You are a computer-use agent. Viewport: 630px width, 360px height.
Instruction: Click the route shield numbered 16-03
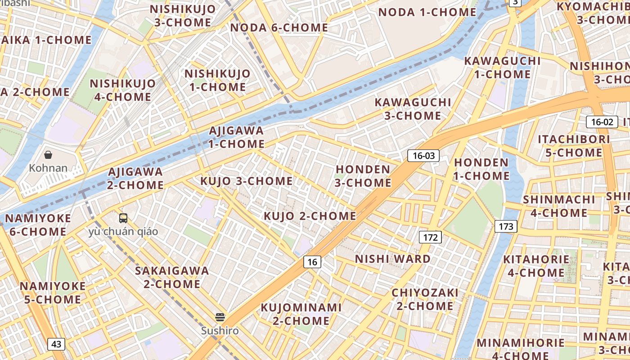(x=423, y=156)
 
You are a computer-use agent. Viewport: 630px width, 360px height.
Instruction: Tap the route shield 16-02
(x=602, y=121)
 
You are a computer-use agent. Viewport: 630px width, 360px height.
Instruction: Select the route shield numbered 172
(x=430, y=237)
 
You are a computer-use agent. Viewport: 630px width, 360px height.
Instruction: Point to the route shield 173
(x=506, y=226)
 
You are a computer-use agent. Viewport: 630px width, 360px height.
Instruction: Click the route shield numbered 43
(x=56, y=344)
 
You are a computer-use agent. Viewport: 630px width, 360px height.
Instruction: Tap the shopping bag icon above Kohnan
(x=48, y=155)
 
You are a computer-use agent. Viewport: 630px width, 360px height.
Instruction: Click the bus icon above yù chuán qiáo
(x=123, y=218)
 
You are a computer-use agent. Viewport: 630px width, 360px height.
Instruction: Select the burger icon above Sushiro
(x=220, y=317)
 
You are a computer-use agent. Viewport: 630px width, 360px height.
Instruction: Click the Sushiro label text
(x=220, y=331)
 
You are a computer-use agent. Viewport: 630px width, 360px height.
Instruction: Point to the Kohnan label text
(x=48, y=168)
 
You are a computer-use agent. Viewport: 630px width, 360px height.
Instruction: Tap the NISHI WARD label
(x=393, y=259)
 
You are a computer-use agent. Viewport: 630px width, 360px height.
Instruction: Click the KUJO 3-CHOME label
(x=246, y=181)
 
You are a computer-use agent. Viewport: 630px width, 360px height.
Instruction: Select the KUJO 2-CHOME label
(x=310, y=216)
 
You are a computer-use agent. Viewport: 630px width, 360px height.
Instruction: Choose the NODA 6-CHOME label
(x=279, y=28)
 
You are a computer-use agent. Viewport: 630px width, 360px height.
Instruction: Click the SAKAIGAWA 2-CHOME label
(x=172, y=277)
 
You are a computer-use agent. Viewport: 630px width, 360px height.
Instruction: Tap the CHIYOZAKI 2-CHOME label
(x=425, y=299)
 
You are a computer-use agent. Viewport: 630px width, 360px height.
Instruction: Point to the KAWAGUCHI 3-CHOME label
(x=413, y=109)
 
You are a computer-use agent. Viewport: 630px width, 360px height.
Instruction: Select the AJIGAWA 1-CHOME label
(x=236, y=137)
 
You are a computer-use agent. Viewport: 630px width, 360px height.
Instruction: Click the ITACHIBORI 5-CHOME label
(x=574, y=146)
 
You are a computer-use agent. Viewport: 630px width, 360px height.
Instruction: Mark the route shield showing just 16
(x=312, y=262)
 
